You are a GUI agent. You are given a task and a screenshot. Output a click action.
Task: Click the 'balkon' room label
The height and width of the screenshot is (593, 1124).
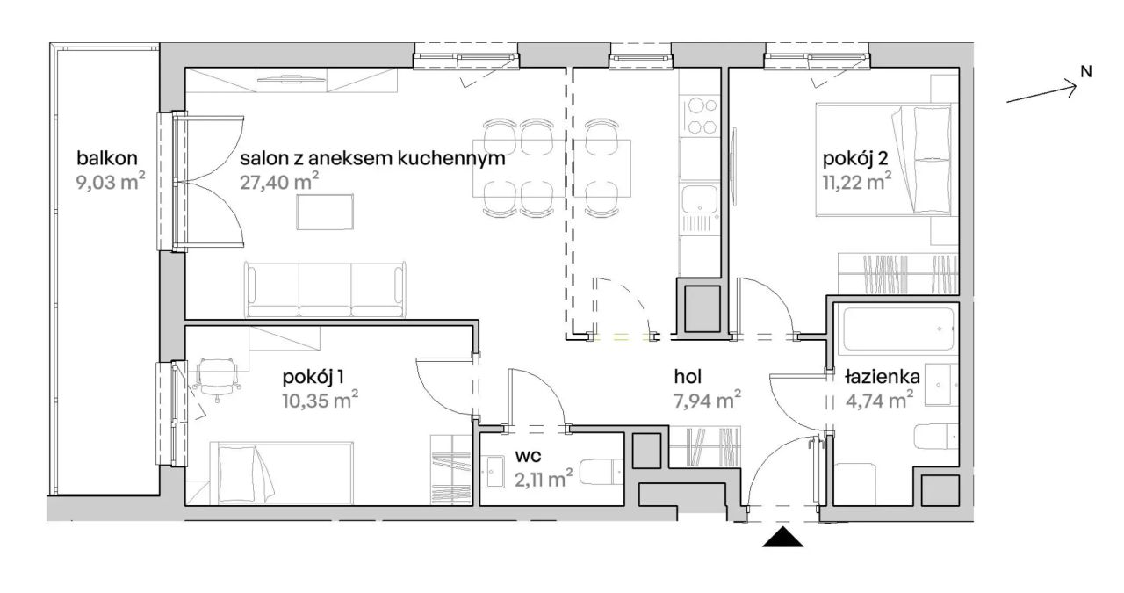coord(107,159)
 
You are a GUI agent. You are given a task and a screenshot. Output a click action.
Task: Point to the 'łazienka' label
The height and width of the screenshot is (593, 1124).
coord(882,377)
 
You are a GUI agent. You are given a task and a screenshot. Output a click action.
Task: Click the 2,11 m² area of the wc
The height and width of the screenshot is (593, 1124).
coord(544,478)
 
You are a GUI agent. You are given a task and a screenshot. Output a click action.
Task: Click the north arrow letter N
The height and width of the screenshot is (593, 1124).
coord(1085,72)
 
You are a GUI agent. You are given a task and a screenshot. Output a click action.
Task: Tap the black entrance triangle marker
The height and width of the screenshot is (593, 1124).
coord(783,539)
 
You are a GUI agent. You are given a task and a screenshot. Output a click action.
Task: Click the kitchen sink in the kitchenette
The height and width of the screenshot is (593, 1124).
coord(700,199)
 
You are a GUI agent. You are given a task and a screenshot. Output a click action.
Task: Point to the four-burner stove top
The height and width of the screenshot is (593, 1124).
coord(700,116)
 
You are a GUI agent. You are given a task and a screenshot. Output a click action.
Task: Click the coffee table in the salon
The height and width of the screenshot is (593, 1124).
coord(325,212)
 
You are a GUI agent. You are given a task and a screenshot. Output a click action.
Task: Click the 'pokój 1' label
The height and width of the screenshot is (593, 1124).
coord(313,377)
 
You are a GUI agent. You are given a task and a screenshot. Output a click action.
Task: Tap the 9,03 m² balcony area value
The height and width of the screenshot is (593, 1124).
coord(111,183)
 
